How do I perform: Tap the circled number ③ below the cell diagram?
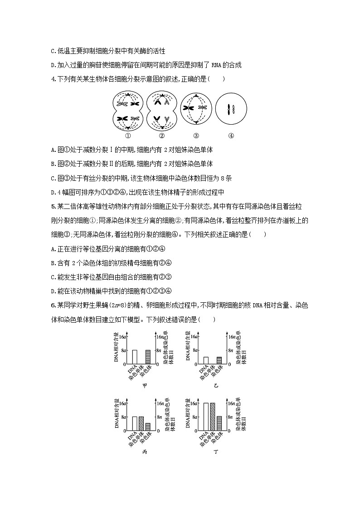coord(196,136)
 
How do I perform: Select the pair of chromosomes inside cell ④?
coord(231,109)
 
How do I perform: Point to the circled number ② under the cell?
coord(162,136)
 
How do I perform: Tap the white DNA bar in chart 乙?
coord(206,360)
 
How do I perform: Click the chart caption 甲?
coord(145,386)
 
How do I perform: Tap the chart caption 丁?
coord(216,452)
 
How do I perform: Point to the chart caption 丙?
coord(145,452)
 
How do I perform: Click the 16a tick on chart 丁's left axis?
coord(193,403)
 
